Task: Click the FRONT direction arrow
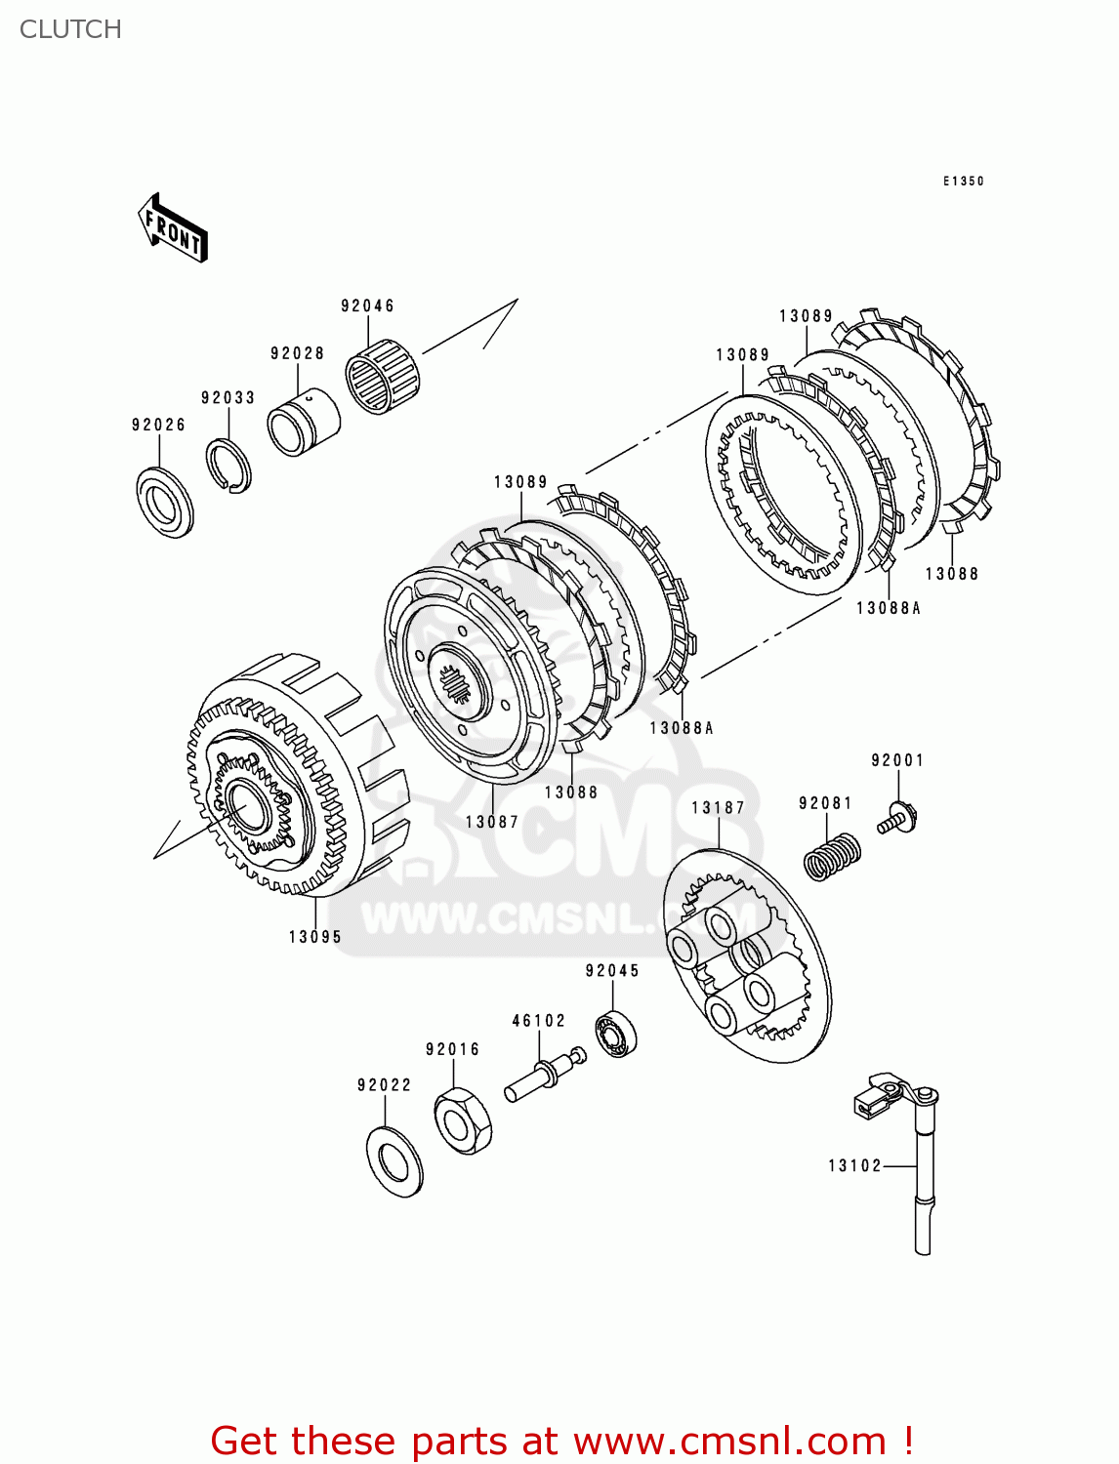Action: [173, 227]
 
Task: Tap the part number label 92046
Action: [367, 305]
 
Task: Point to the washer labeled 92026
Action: [164, 502]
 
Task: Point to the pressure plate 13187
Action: [747, 956]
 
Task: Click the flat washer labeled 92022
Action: [394, 1160]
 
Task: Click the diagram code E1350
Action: [963, 182]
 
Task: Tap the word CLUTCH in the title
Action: [70, 29]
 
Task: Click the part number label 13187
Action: [718, 807]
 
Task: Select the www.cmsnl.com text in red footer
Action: [729, 1441]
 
